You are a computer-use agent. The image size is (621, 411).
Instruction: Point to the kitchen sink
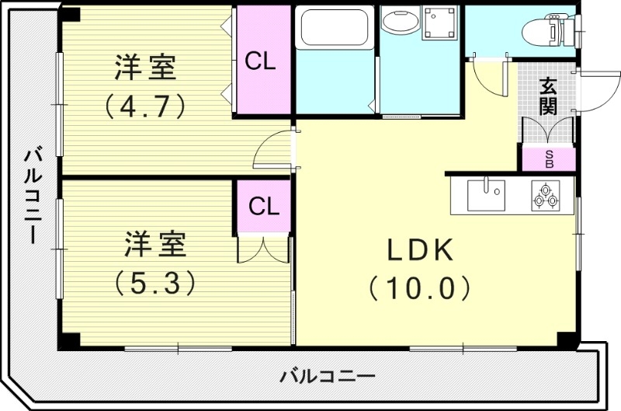click(486, 194)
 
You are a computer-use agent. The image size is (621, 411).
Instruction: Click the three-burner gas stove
click(546, 195)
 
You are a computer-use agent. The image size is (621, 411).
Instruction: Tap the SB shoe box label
click(549, 159)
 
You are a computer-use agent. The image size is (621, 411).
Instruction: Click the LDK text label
click(420, 250)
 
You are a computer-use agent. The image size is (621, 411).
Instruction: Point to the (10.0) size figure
click(420, 288)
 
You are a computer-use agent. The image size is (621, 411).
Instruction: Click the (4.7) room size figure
click(147, 105)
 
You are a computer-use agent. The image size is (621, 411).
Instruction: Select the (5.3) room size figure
click(153, 283)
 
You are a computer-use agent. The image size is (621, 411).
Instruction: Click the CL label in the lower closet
click(264, 207)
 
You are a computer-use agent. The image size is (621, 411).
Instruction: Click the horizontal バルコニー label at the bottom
click(327, 377)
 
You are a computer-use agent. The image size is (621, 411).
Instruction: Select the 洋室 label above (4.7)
click(147, 68)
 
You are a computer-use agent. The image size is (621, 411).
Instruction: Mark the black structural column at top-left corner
click(71, 13)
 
